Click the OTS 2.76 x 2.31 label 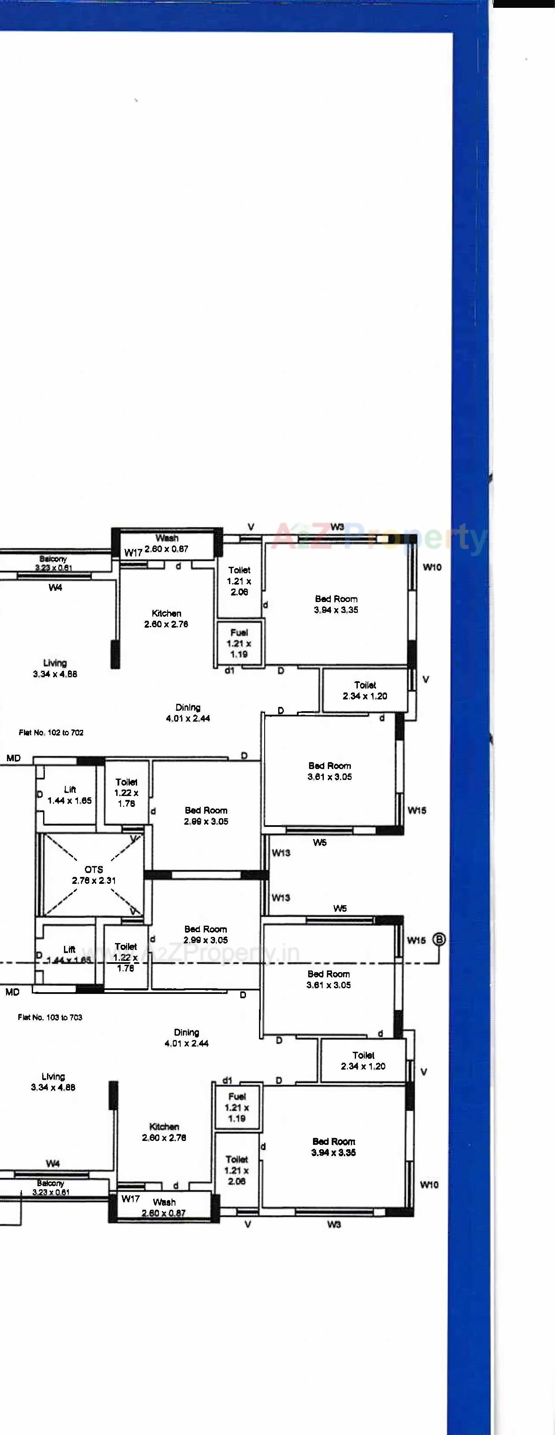coord(94,875)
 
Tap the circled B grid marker coord(439,940)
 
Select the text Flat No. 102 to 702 coord(51,733)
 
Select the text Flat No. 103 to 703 coord(50,1017)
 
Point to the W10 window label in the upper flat coord(432,567)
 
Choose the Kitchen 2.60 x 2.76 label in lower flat coord(164,1132)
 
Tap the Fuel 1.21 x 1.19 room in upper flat coord(239,643)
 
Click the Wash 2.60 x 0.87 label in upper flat coord(167,543)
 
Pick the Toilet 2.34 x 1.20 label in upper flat coord(365,690)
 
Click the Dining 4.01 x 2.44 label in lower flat coord(186,1037)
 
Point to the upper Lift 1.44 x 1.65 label coord(70,795)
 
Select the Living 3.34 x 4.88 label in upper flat coord(54,668)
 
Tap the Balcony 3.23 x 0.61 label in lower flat coord(50,1187)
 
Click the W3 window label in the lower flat coord(334,1224)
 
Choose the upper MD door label coord(13,758)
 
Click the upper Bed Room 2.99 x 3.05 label coord(206,816)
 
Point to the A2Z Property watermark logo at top coord(379,538)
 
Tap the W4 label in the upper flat coord(55,587)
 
